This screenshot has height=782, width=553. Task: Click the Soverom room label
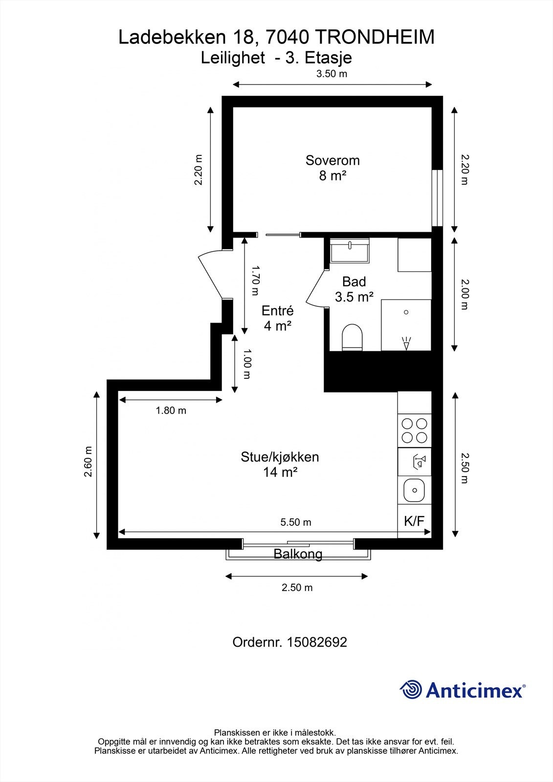click(332, 160)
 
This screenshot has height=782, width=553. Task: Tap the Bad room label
click(354, 282)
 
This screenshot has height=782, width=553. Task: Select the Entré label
click(278, 310)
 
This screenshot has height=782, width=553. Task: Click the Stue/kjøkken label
click(280, 457)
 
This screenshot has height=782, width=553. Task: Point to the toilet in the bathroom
click(352, 337)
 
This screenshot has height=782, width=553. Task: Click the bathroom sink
click(350, 250)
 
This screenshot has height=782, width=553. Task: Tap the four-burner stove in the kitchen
click(414, 431)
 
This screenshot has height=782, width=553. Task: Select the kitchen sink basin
click(414, 490)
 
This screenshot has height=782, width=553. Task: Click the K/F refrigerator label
click(414, 521)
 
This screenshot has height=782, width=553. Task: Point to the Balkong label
click(298, 554)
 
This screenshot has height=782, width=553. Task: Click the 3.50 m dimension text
click(332, 74)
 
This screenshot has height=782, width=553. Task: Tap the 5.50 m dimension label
click(295, 522)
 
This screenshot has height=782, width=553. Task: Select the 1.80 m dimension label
click(171, 411)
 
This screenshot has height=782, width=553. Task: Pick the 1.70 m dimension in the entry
click(256, 281)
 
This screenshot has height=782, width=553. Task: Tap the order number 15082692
click(317, 642)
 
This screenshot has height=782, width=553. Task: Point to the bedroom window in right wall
click(437, 198)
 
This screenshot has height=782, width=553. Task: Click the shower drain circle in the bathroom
click(406, 312)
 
